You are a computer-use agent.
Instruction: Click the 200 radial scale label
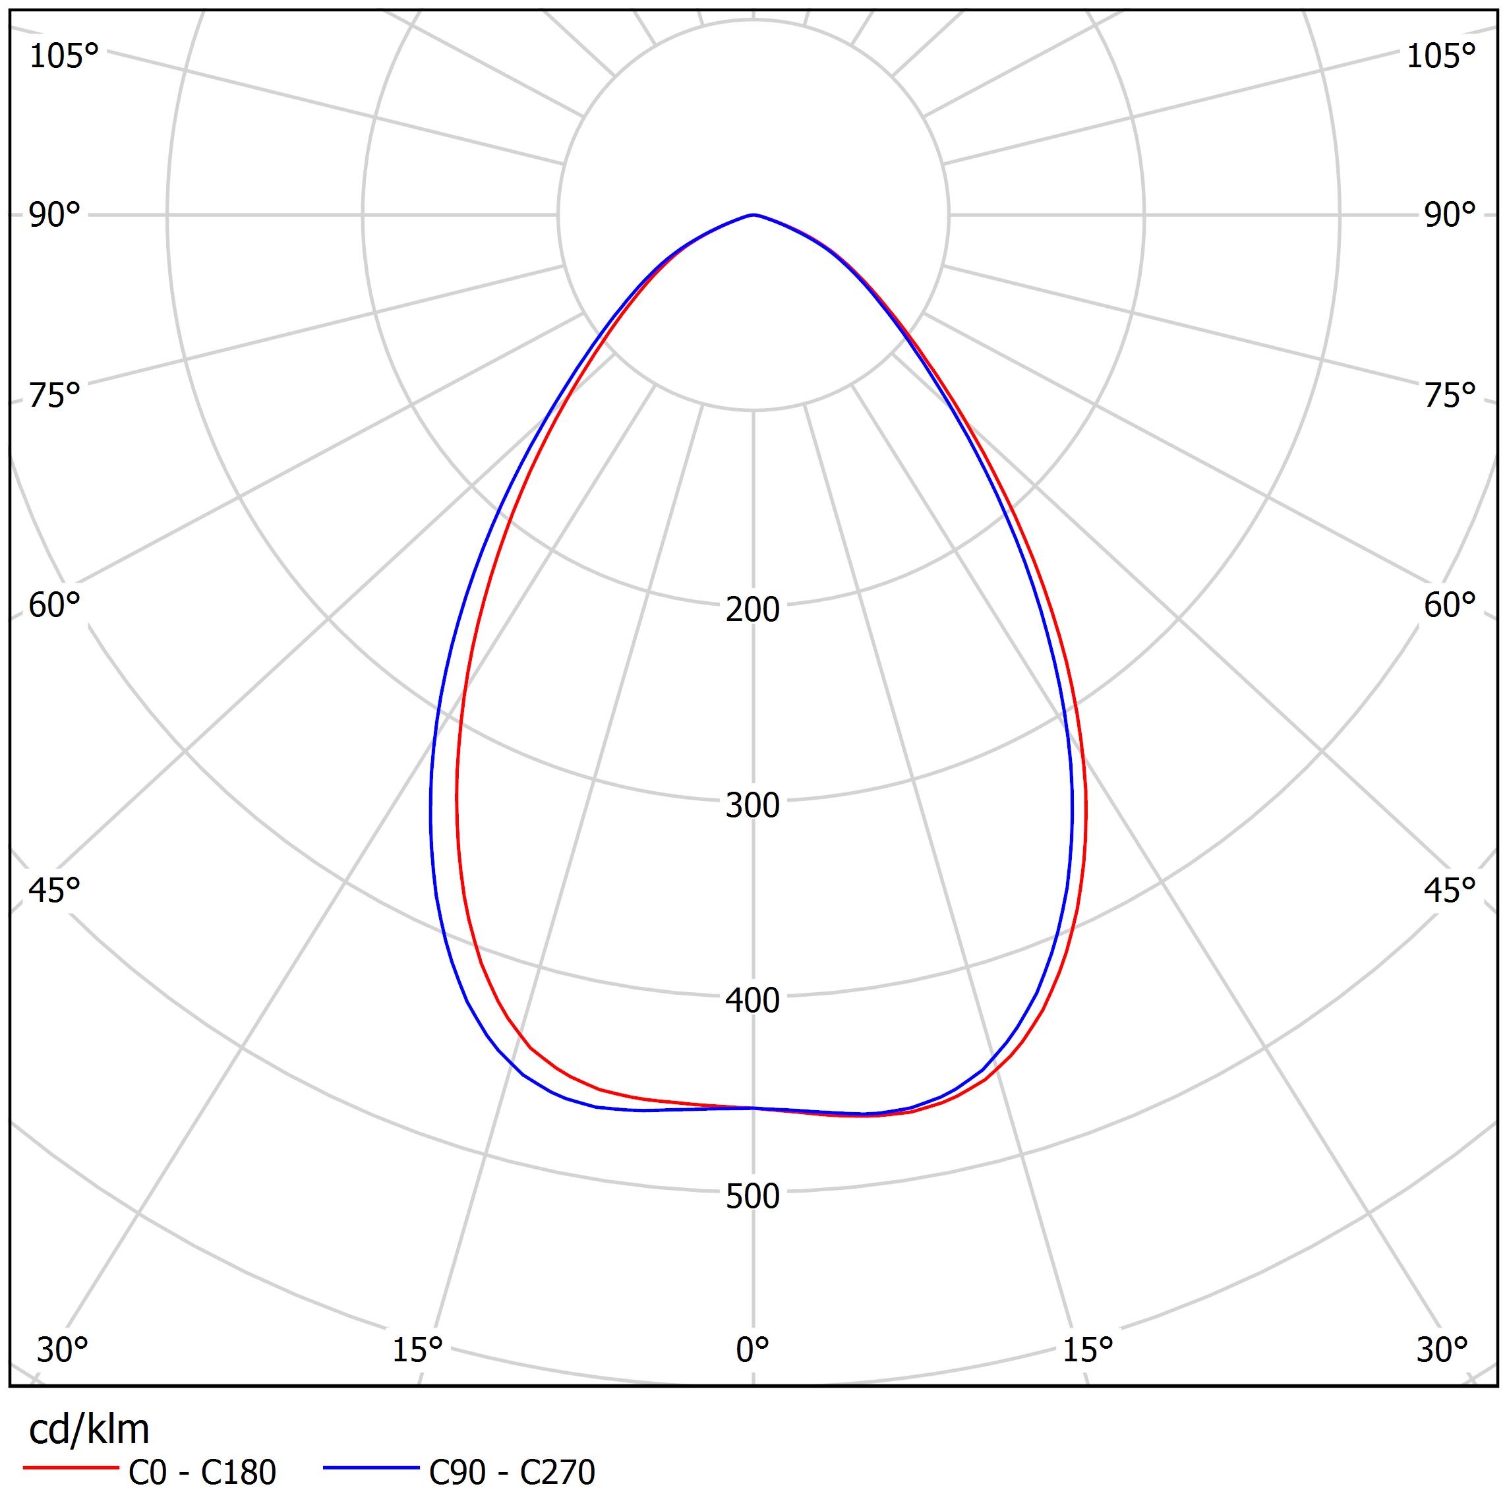coord(752,610)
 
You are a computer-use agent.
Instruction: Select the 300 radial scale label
coord(752,805)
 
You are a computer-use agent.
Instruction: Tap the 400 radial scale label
coord(752,1001)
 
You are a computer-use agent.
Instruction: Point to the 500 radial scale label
coord(752,1197)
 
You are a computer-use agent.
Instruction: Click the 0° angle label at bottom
coord(752,1349)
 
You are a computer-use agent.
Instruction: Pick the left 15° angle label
coord(417,1349)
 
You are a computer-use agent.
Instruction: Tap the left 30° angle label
coord(63,1349)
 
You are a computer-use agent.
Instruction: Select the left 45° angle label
coord(55,890)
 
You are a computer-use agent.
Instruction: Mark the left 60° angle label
coord(55,605)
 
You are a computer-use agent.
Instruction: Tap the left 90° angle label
coord(55,216)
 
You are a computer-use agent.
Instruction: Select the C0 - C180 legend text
coord(202,1473)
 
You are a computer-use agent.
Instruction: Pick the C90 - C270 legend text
coord(512,1473)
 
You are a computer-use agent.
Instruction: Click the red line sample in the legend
coord(69,1468)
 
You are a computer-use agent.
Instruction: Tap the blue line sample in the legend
coord(371,1468)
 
